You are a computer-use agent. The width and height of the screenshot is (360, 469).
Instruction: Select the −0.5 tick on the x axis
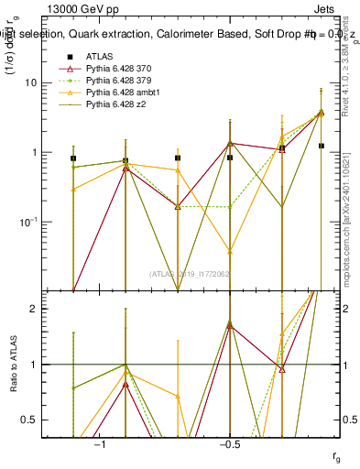click(x=229, y=442)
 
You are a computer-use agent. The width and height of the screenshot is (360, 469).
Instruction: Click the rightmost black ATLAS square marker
click(x=321, y=146)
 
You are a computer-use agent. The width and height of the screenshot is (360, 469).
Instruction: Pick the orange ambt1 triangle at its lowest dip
click(x=230, y=250)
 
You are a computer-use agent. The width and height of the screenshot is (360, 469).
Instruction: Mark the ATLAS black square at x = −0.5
click(x=230, y=158)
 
